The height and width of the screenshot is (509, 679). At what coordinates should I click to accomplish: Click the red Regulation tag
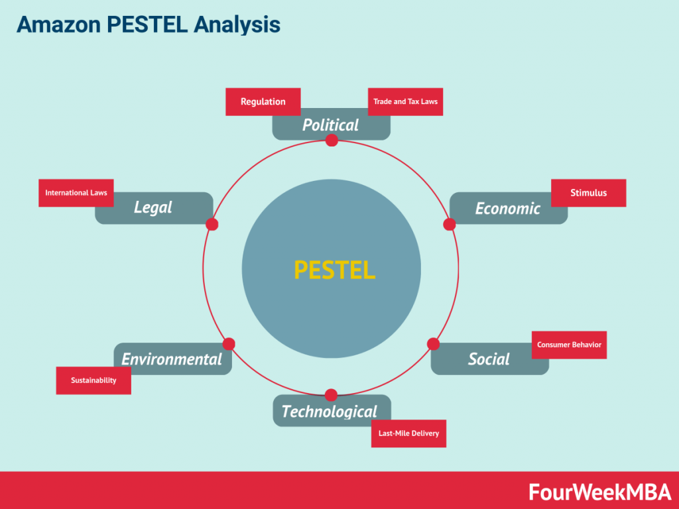263,101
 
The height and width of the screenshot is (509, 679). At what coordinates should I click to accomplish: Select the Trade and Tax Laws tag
405,101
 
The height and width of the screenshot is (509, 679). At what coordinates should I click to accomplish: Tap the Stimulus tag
589,193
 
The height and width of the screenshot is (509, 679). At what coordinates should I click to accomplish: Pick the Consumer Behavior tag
569,345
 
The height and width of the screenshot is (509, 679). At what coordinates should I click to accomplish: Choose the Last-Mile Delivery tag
408,433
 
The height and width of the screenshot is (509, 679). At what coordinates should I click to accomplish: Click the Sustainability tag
93,380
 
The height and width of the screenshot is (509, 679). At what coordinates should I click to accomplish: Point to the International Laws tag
76,193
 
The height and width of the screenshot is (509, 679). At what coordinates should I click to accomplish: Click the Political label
330,125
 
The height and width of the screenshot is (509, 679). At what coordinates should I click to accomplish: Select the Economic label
507,209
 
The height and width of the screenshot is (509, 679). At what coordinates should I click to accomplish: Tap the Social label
489,359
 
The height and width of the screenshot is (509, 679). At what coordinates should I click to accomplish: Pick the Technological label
330,411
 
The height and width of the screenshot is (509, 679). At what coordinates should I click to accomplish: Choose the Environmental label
172,359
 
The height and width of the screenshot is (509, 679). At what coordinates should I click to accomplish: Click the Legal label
153,207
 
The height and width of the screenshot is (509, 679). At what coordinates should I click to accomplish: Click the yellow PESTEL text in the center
335,270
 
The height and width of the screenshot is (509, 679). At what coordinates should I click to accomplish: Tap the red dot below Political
332,141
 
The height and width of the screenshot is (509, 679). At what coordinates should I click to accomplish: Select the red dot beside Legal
212,224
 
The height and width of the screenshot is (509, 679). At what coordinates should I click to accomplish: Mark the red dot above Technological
332,395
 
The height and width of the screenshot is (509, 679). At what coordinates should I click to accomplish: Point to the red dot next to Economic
450,224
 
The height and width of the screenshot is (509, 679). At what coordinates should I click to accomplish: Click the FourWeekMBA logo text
599,492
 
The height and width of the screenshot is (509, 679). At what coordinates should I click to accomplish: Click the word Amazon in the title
59,25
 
